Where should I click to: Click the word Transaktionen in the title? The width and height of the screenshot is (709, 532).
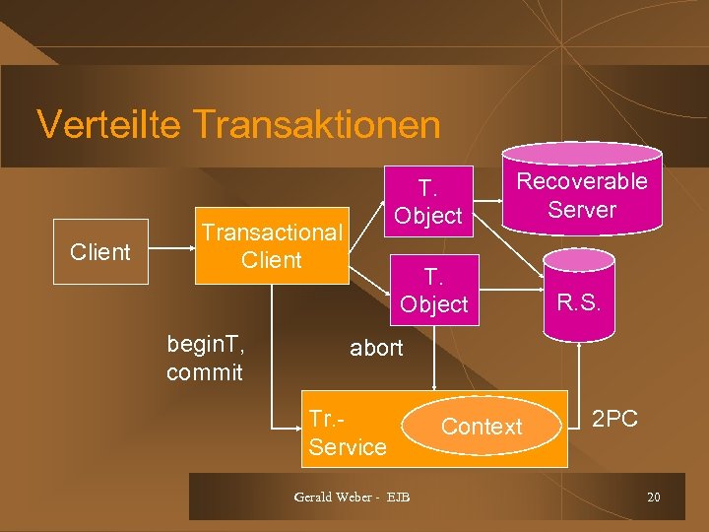(x=317, y=125)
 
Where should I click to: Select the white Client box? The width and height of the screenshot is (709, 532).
(x=100, y=251)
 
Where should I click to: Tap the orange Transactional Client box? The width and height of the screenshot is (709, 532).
(x=272, y=246)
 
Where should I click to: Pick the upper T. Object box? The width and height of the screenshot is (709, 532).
(x=427, y=201)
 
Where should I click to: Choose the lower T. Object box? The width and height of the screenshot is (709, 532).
(x=434, y=291)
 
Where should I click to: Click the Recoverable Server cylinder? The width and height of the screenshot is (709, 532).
(x=582, y=192)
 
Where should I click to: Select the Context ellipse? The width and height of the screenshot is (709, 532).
(x=482, y=427)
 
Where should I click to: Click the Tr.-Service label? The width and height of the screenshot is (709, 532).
(x=347, y=432)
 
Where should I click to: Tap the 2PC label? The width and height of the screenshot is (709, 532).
(x=614, y=419)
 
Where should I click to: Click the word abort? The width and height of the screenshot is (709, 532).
(x=377, y=348)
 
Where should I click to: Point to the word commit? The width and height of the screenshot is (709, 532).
(x=205, y=372)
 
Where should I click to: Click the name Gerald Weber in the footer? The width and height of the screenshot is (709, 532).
(x=331, y=497)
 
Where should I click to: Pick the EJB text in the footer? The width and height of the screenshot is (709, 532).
(x=398, y=497)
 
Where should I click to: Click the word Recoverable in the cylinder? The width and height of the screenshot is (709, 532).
(x=582, y=181)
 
